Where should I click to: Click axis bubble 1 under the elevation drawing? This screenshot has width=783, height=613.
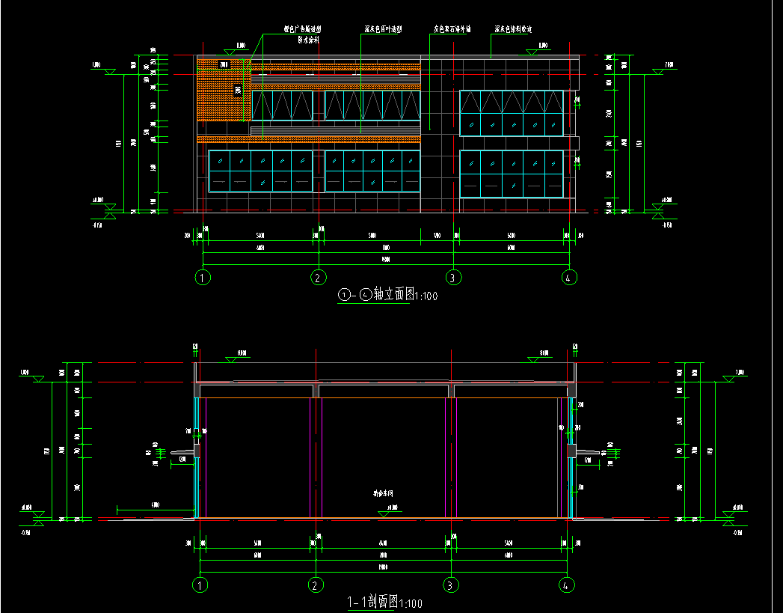click(202, 278)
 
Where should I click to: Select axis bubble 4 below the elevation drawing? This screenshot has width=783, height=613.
click(569, 278)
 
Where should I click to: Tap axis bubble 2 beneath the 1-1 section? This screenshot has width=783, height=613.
click(317, 585)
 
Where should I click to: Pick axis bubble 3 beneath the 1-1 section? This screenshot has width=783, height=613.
click(451, 585)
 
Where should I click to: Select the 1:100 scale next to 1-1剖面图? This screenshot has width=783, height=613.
click(411, 603)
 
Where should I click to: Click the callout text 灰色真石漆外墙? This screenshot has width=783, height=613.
click(452, 30)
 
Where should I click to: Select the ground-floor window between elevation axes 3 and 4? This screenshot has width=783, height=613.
click(511, 174)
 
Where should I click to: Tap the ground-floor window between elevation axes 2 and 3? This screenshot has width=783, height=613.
click(372, 171)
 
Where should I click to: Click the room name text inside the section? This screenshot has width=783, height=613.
click(383, 494)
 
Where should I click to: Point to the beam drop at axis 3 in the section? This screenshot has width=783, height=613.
click(452, 391)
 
